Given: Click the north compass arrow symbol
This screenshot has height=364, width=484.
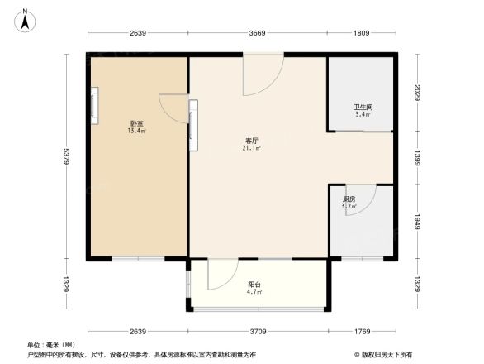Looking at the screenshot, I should pos(26,19).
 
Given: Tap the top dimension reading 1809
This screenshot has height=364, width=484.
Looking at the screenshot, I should pos(362,34).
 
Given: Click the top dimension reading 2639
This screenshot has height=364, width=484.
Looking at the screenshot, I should pos(137,34).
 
